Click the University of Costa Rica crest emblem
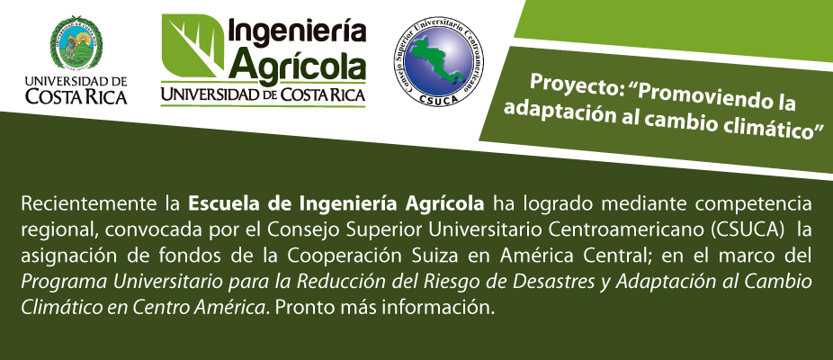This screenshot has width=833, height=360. [x=76, y=43]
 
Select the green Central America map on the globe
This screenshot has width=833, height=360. [x=436, y=58]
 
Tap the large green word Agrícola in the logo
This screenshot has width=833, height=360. [x=300, y=66]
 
